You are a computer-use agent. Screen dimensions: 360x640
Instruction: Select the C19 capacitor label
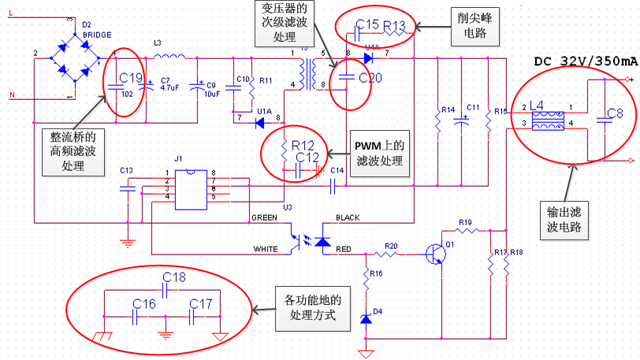130,78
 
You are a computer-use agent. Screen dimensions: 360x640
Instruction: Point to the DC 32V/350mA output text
586,61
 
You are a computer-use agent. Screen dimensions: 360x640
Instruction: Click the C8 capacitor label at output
615,113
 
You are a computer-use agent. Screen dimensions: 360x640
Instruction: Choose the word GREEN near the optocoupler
263,217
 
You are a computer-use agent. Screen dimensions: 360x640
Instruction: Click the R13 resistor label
394,26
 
